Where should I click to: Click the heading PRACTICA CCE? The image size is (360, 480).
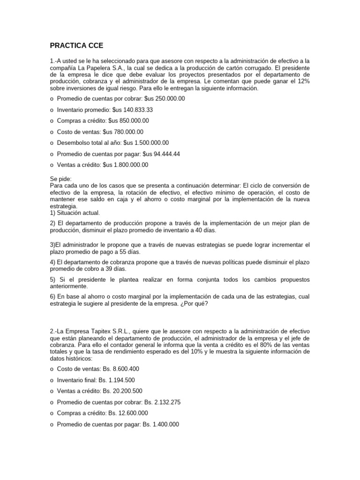[x=76, y=45]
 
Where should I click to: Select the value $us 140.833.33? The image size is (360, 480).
[x=133, y=110]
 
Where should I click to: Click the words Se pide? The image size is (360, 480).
[x=59, y=179]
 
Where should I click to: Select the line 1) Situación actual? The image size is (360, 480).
[x=75, y=212]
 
